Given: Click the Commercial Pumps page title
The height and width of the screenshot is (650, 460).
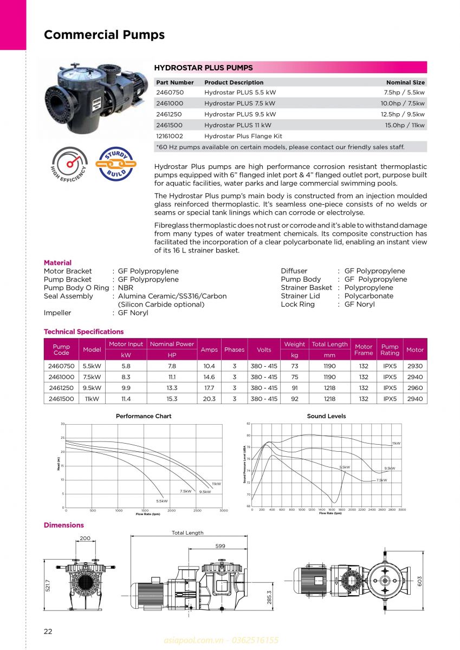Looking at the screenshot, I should [x=104, y=35].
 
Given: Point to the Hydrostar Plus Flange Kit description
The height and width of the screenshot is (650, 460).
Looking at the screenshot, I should [x=243, y=136].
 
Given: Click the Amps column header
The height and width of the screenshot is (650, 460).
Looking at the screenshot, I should [x=209, y=349].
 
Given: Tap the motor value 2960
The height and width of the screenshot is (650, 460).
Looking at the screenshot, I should [x=414, y=388].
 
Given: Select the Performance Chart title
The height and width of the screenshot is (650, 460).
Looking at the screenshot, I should [x=144, y=416].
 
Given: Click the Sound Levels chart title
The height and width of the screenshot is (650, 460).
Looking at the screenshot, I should [x=326, y=416].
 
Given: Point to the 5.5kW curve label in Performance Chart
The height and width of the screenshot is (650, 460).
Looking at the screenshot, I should [x=161, y=501].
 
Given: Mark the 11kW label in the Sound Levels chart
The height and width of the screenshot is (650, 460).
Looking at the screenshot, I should [x=396, y=443].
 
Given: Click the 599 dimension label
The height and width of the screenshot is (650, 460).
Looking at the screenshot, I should [x=220, y=546].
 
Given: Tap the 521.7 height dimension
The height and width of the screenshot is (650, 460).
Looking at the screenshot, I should [x=48, y=586].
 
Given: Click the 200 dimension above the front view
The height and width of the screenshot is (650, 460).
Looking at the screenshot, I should [x=85, y=538].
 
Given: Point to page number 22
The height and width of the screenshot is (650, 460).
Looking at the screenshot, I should [x=48, y=631].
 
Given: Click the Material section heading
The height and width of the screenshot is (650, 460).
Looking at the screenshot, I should [x=57, y=263].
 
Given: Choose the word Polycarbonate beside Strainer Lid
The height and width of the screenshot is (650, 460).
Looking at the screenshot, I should [x=368, y=296].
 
